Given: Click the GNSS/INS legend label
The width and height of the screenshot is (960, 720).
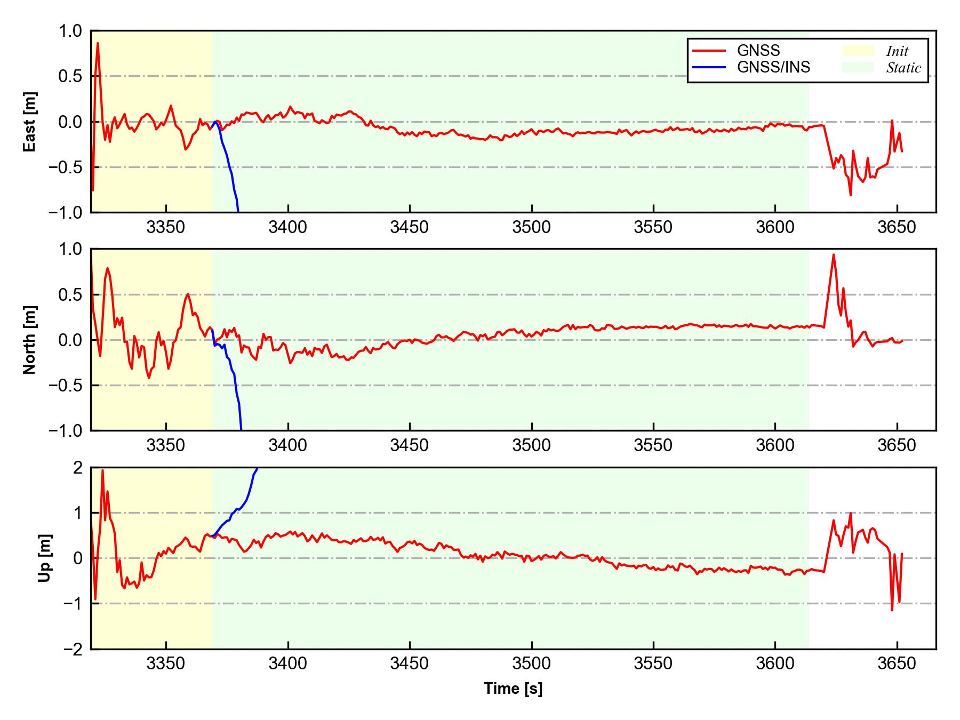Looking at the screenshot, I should tap(773, 67).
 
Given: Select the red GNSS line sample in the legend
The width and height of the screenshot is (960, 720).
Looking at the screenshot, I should tap(709, 51).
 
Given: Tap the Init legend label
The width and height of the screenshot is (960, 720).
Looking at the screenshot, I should tap(897, 51).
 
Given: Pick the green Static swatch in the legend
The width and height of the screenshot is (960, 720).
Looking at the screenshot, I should tap(858, 67).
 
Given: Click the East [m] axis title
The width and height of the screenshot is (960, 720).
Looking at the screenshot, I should tap(30, 122).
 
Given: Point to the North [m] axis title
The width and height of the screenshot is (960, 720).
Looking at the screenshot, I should tap(30, 340).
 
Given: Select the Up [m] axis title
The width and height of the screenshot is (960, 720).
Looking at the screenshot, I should tap(45, 558).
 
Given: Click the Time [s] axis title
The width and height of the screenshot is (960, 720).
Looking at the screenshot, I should tap(513, 689).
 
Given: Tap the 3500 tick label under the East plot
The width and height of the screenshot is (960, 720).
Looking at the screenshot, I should tap(531, 227).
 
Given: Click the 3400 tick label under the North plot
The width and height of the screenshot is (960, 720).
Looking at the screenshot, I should tap(288, 445).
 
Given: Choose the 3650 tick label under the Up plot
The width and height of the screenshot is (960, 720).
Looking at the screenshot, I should tap(897, 664).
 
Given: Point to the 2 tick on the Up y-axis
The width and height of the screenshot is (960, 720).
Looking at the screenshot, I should tap(78, 468).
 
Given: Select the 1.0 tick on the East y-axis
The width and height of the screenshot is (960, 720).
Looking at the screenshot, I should tap(71, 31).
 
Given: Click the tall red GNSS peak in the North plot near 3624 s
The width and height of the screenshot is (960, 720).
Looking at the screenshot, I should tap(833, 255).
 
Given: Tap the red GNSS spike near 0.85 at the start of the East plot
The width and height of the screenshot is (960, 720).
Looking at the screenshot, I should tap(98, 44).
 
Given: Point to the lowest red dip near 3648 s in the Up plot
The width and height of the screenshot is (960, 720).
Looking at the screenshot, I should tap(892, 609).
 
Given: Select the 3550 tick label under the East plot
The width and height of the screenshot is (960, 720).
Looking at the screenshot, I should tap(653, 227).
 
